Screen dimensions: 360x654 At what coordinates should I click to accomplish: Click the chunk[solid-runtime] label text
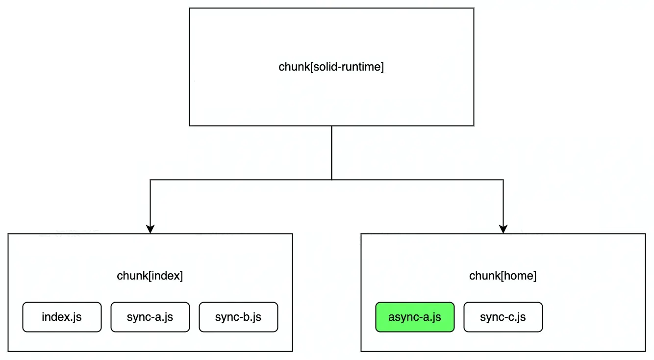[331, 67]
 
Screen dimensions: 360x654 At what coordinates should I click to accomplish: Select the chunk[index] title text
[150, 276]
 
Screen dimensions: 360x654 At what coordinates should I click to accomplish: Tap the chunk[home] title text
[503, 276]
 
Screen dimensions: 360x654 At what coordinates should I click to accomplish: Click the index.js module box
[62, 317]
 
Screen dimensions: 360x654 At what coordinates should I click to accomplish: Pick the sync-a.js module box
[150, 317]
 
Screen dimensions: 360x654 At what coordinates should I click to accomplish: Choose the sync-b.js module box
[238, 317]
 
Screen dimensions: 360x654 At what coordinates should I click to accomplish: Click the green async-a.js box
[415, 317]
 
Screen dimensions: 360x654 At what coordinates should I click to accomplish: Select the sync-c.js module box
[503, 317]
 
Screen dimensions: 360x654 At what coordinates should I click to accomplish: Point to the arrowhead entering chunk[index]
[150, 229]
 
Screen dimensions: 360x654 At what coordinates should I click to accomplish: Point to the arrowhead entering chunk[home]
[503, 229]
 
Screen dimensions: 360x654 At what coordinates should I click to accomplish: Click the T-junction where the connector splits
[331, 180]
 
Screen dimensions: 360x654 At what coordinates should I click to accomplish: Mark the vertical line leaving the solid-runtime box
[331, 152]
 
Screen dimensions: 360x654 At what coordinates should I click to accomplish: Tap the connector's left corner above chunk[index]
[150, 180]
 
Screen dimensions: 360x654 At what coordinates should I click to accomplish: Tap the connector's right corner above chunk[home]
[503, 180]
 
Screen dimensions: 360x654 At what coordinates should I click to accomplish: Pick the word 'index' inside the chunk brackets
[166, 276]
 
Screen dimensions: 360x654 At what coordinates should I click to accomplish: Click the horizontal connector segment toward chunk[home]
[417, 180]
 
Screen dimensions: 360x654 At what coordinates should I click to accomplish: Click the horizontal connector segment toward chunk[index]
[240, 180]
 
